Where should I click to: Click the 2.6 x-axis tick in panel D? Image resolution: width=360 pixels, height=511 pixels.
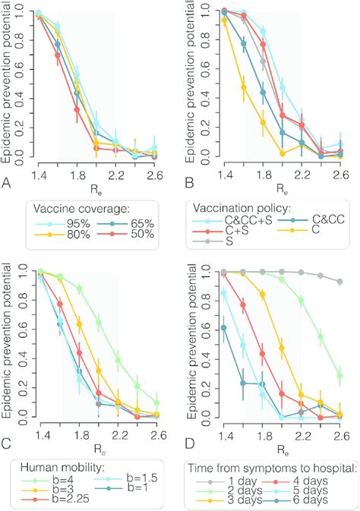click(x=339, y=435)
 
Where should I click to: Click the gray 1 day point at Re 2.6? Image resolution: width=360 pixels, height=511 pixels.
click(x=339, y=282)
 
